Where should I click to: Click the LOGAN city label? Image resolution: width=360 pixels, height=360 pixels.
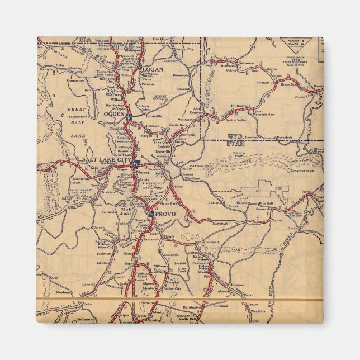tap(153, 69)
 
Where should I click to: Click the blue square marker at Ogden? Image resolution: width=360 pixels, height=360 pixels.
tap(129, 117)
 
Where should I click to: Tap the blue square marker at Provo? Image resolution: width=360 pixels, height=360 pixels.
tap(151, 213)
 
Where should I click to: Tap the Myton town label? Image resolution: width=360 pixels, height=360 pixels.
tap(277, 220)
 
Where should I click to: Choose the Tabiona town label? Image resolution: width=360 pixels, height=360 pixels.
tap(215, 203)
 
